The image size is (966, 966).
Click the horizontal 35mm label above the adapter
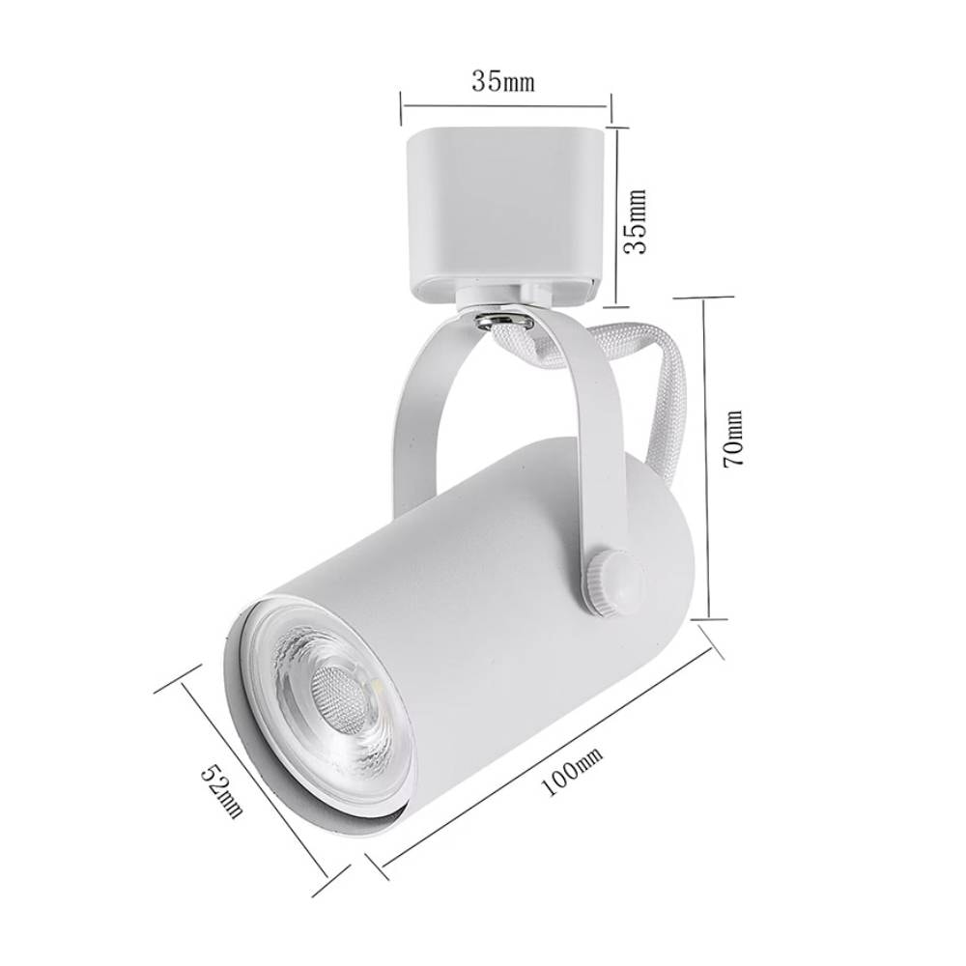click(x=502, y=81)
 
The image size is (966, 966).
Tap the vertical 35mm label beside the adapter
click(x=635, y=221)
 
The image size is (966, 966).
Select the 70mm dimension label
click(x=734, y=439)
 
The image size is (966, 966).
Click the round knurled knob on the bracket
click(x=613, y=582)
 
